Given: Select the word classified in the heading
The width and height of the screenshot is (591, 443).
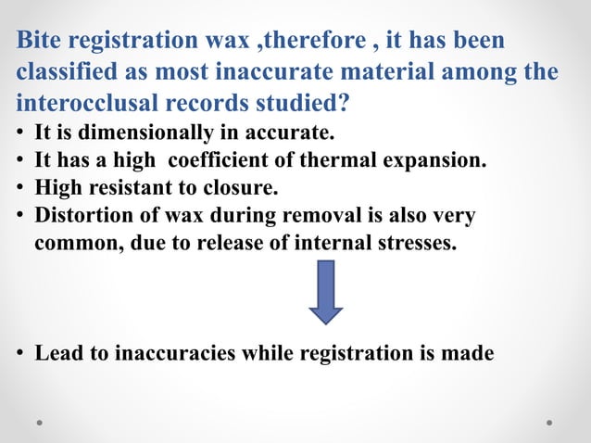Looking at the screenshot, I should [59, 71].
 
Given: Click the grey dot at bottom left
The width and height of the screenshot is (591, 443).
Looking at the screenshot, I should [42, 422].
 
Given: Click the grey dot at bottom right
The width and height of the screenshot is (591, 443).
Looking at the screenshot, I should [548, 422].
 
